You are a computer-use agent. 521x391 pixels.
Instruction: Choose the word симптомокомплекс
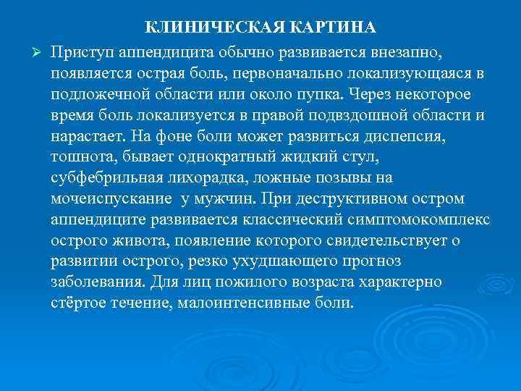(424, 219)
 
